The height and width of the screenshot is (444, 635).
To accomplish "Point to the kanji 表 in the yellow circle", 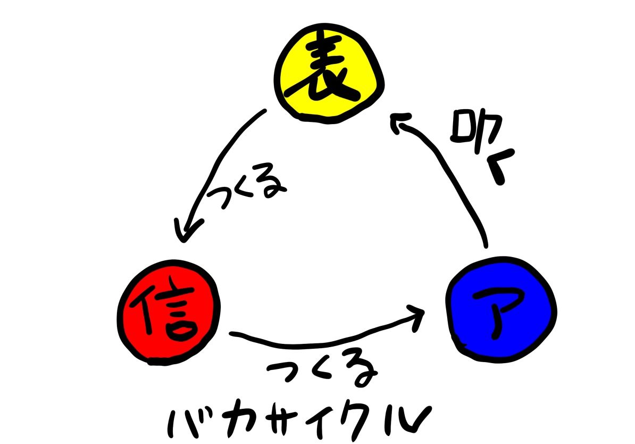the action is coord(329,75).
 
